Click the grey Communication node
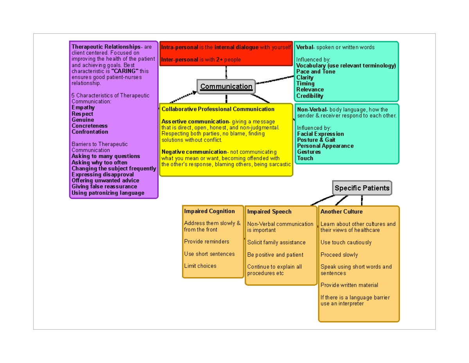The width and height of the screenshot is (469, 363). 226,87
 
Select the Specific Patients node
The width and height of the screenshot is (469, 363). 362,188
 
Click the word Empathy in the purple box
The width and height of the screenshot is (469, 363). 83,108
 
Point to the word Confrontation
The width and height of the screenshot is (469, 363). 90,132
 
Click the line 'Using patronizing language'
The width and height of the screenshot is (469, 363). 108,193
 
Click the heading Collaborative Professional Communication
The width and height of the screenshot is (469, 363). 218,109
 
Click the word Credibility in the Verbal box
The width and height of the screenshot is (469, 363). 310,96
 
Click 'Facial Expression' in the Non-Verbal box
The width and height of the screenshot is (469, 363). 320,134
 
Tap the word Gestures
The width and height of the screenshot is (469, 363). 309,152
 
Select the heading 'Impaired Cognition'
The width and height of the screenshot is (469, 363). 209,211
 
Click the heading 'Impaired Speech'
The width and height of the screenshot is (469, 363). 269,212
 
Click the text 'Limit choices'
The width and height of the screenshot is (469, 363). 200,266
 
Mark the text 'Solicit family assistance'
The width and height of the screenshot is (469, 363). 276,242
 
